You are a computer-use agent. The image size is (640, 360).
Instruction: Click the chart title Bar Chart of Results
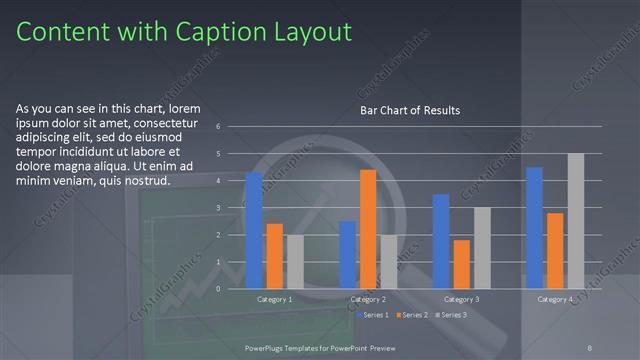[x=410, y=110]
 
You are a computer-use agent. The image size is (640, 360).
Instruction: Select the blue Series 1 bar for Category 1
[x=254, y=230]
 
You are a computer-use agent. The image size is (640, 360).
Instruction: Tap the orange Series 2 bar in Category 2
[x=367, y=229]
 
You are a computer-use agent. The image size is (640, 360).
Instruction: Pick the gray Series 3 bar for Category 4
[x=575, y=221]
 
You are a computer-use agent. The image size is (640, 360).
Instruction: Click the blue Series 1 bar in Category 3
[x=441, y=241]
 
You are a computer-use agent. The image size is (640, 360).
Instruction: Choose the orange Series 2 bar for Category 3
[x=461, y=264]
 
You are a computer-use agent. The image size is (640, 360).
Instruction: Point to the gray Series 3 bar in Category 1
[x=295, y=261]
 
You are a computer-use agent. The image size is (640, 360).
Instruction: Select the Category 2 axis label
[x=367, y=299]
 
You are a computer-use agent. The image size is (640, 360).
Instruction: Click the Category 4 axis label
[x=555, y=299]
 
